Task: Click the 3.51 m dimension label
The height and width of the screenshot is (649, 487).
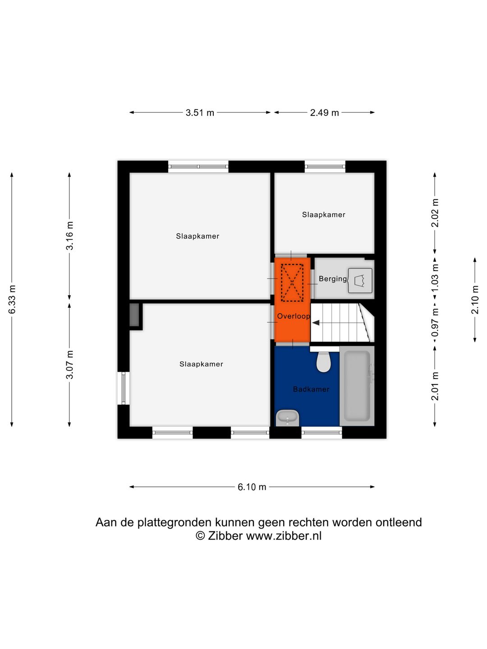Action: [x=200, y=113]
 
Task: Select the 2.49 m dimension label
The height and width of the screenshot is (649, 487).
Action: [x=324, y=113]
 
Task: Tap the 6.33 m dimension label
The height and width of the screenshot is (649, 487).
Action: [x=12, y=300]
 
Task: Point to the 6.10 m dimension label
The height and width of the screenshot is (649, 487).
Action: [x=252, y=487]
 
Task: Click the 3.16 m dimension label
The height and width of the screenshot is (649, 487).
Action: [x=69, y=236]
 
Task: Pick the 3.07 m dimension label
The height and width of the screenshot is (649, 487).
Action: [x=69, y=365]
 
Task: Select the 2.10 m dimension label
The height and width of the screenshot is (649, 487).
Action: [x=475, y=300]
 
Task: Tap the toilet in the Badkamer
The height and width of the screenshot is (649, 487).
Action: [x=323, y=362]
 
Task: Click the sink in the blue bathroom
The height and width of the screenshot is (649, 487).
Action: [x=287, y=418]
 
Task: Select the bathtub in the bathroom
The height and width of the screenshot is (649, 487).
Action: [x=357, y=386]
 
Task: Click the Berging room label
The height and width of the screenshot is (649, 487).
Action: [x=332, y=279]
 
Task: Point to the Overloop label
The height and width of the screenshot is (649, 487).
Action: [x=293, y=316]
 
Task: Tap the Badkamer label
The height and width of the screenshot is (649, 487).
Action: [x=311, y=389]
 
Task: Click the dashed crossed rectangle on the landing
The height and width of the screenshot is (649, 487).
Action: [x=292, y=283]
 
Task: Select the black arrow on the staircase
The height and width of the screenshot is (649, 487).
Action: [x=316, y=323]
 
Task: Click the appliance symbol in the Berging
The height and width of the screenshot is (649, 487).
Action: [x=360, y=280]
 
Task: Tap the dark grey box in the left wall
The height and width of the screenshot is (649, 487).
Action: [x=134, y=315]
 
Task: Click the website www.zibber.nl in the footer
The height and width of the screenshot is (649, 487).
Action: [x=284, y=536]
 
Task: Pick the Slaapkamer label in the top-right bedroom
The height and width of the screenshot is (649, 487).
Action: [x=323, y=215]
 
